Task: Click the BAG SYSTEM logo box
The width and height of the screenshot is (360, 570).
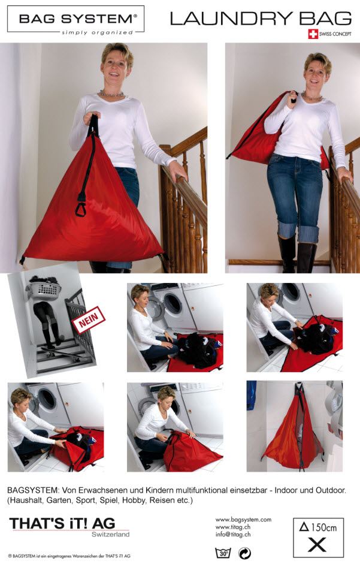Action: point(75,19)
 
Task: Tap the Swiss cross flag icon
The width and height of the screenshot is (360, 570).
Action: point(313,34)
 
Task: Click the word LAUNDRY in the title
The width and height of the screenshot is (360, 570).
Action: point(231,19)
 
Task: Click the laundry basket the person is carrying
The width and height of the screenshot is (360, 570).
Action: point(43,289)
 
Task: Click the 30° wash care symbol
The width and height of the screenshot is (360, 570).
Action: point(223,553)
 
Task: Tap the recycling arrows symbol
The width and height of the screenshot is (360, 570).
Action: point(244,553)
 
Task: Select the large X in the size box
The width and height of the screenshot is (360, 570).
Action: point(317,545)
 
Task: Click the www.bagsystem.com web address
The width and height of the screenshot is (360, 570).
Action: point(243,520)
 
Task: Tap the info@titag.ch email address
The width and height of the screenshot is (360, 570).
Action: point(233,535)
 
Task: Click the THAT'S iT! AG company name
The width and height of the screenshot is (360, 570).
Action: point(62,523)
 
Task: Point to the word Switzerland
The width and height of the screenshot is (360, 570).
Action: point(110,535)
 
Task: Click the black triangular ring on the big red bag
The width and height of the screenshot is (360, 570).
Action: point(81,209)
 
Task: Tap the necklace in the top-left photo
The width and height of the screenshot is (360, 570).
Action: point(112,94)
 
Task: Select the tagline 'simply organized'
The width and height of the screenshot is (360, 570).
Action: point(98,32)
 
